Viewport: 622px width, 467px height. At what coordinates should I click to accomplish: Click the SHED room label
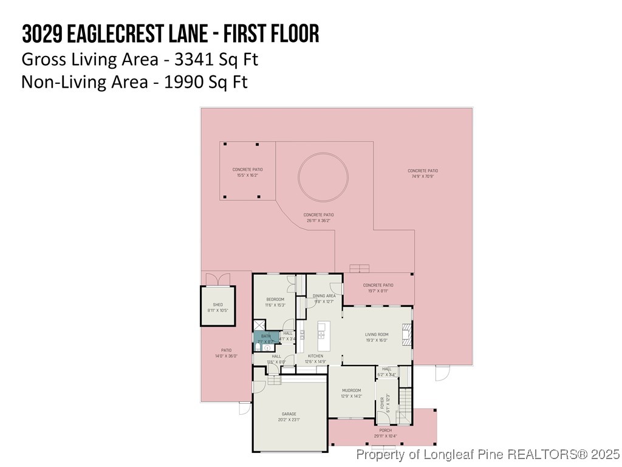coord(217,305)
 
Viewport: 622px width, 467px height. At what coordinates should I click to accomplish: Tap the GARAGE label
coord(289,413)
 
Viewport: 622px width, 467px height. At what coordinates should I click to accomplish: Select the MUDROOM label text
coord(350,390)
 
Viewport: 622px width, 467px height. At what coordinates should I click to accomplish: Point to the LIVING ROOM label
coord(377,334)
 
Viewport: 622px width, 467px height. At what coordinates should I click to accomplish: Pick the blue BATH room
coord(266,338)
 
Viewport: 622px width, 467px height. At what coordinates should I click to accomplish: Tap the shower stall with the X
coord(259,325)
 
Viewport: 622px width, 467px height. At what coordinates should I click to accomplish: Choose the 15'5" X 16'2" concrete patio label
coord(247,176)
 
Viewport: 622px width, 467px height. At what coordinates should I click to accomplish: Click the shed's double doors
coord(218,278)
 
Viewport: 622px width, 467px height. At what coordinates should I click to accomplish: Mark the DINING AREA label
coord(324,296)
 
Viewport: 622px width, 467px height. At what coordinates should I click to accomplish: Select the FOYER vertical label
coord(382,402)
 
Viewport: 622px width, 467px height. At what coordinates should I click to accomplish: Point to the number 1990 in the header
coord(182,82)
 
